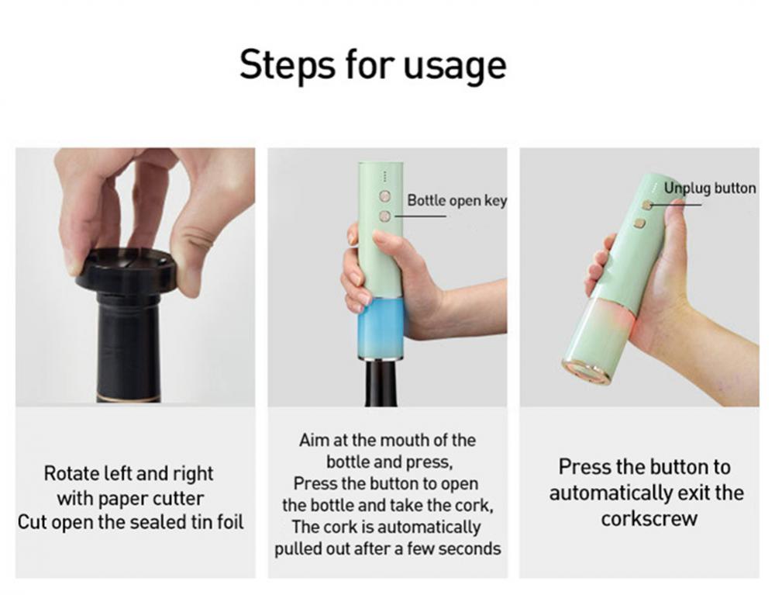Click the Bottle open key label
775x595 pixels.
pos(456,201)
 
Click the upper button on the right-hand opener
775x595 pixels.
pos(646,206)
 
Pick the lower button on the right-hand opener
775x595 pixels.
pos(639,223)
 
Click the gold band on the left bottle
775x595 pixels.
pos(128,401)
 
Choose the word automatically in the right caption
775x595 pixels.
pos(612,493)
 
